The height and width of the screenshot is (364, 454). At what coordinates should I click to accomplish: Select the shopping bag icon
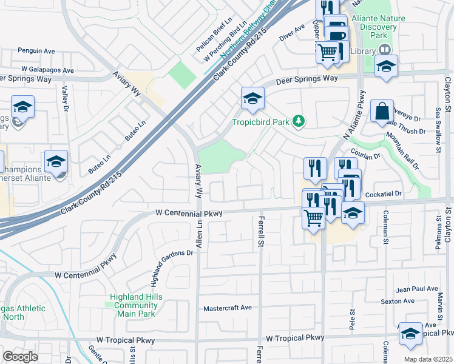pyautogui.click(x=382, y=112)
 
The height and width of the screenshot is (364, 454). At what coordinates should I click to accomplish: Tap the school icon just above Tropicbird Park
pyautogui.click(x=252, y=99)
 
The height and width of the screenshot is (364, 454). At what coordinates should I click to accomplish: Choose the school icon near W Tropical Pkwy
pyautogui.click(x=410, y=334)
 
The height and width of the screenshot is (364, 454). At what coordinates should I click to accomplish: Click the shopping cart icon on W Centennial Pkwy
pyautogui.click(x=313, y=217)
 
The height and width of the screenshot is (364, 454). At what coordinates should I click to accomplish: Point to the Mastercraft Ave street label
pyautogui.click(x=228, y=308)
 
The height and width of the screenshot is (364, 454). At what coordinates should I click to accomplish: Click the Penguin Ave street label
pyautogui.click(x=36, y=52)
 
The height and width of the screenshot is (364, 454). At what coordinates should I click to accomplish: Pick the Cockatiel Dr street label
pyautogui.click(x=385, y=193)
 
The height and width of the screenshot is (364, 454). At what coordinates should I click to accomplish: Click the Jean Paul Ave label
pyautogui.click(x=417, y=289)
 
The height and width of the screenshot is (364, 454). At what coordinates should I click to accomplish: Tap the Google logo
pyautogui.click(x=20, y=357)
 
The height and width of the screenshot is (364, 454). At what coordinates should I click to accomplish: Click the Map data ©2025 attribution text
pyautogui.click(x=428, y=359)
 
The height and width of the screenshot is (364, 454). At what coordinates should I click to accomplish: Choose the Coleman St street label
pyautogui.click(x=385, y=229)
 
